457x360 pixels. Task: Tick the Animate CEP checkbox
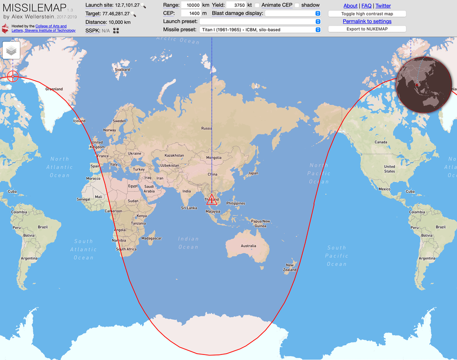[x=257, y=5]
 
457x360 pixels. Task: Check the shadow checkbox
[x=297, y=5]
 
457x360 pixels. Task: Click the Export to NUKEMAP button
[x=367, y=29]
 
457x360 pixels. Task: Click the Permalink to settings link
[x=367, y=21]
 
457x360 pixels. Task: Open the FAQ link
[x=366, y=6]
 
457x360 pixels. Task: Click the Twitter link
[x=383, y=6]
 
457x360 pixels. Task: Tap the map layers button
[x=12, y=50]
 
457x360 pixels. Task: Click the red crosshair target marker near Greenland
[x=13, y=76]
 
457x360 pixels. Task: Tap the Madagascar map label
[x=152, y=238]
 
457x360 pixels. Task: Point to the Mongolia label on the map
[x=214, y=158]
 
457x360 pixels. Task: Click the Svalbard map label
[x=122, y=70]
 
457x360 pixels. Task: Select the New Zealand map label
[x=290, y=268]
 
